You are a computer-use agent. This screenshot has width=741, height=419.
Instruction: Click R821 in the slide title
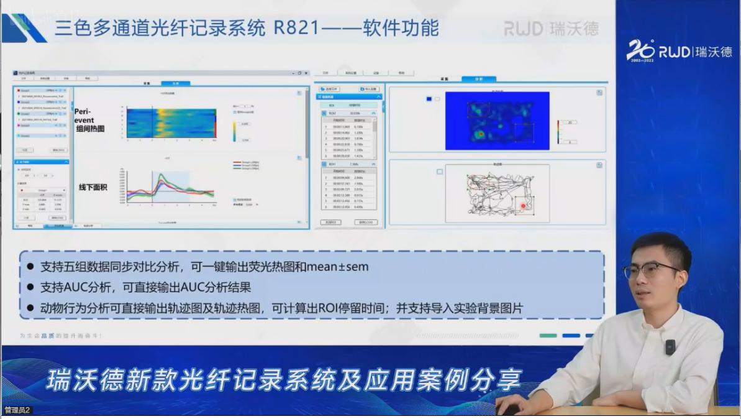(x=300, y=28)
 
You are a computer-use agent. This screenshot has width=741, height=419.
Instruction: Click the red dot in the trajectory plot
(x=523, y=206)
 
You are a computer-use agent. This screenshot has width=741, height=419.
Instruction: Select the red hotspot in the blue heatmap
(x=480, y=134)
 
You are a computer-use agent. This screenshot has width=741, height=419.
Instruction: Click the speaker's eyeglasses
(x=650, y=269)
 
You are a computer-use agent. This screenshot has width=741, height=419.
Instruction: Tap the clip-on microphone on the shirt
(x=670, y=346)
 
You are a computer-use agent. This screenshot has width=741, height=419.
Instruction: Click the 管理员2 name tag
(x=17, y=410)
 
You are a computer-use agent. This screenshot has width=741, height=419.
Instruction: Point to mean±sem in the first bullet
(x=338, y=267)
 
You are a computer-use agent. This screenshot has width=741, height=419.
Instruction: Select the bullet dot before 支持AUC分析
(x=30, y=288)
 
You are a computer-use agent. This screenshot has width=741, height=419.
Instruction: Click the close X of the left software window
(x=306, y=73)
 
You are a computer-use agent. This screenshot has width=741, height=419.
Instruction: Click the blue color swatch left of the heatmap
(x=429, y=99)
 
